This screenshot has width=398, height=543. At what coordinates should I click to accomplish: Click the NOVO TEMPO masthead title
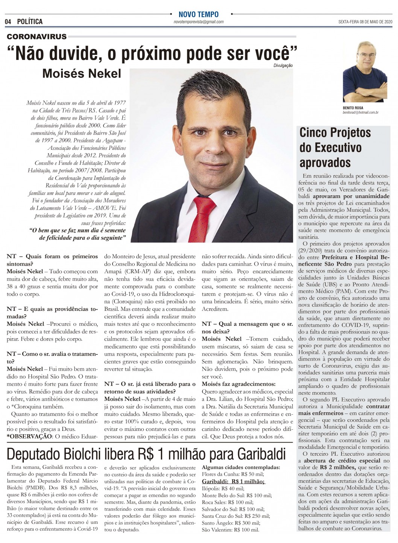click(198, 15)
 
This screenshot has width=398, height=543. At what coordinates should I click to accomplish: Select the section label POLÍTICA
click(30, 22)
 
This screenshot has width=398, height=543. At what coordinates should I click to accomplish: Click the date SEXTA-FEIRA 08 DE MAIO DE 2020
click(360, 22)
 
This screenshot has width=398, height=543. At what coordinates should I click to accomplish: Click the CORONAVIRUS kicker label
click(37, 37)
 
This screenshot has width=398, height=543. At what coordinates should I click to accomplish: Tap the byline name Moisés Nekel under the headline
click(82, 73)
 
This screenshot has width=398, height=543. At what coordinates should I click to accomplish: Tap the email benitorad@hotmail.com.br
click(360, 113)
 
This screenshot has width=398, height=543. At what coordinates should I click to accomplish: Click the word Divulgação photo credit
click(283, 65)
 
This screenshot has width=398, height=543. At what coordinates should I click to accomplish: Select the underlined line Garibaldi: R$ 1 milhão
click(233, 481)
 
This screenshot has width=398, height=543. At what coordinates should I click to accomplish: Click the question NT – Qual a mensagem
click(247, 327)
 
